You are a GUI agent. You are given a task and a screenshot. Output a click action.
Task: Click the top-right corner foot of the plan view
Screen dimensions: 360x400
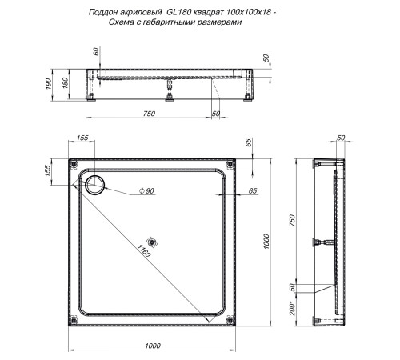(231, 166)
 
